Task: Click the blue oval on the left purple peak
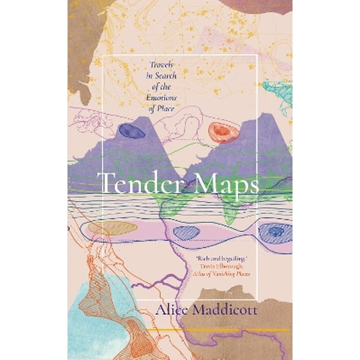pyautogui.click(x=132, y=131)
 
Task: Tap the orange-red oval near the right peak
pyautogui.click(x=222, y=132)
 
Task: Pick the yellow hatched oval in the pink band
pyautogui.click(x=113, y=228)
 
